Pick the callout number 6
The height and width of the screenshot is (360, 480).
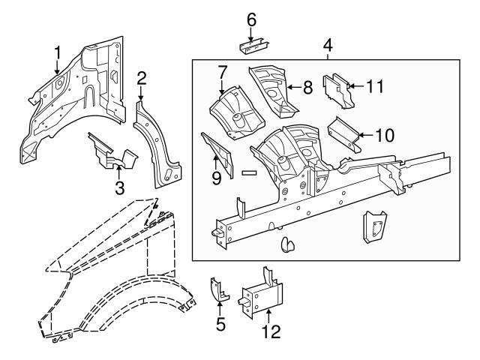click(x=251, y=18)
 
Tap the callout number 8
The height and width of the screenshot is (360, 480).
click(x=307, y=88)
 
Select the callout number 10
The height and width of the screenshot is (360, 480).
click(x=383, y=136)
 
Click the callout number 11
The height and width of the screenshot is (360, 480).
click(x=375, y=86)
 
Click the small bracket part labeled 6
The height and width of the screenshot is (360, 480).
click(x=252, y=46)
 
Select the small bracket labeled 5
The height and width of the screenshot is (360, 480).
click(x=218, y=289)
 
